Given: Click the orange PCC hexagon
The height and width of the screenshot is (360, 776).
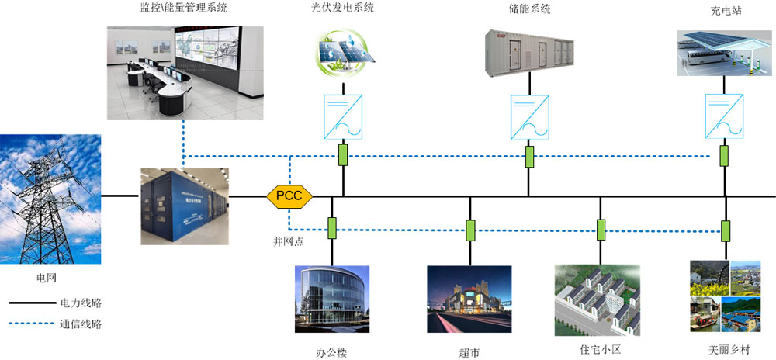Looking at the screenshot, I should (289, 196).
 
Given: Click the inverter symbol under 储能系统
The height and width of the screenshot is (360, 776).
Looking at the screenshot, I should (529, 114).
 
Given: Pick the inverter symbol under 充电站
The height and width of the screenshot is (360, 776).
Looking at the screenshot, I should (724, 114).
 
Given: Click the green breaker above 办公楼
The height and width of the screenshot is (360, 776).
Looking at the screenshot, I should (331, 227).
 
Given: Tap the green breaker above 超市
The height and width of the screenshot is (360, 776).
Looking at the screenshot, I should (470, 230).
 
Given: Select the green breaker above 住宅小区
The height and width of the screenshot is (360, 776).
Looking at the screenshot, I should (601, 229).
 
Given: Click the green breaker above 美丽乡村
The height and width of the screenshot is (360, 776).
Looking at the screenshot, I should (726, 230).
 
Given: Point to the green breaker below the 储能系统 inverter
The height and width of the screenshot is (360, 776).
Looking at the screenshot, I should (529, 157).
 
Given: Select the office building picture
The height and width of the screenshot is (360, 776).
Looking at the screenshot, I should (332, 299).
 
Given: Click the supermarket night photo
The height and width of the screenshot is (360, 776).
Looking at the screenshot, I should (469, 299).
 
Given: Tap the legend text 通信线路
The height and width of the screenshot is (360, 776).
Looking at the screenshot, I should (80, 325).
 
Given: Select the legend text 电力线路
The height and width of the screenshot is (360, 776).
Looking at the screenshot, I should (80, 303).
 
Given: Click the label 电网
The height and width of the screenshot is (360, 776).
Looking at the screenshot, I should (47, 276).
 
